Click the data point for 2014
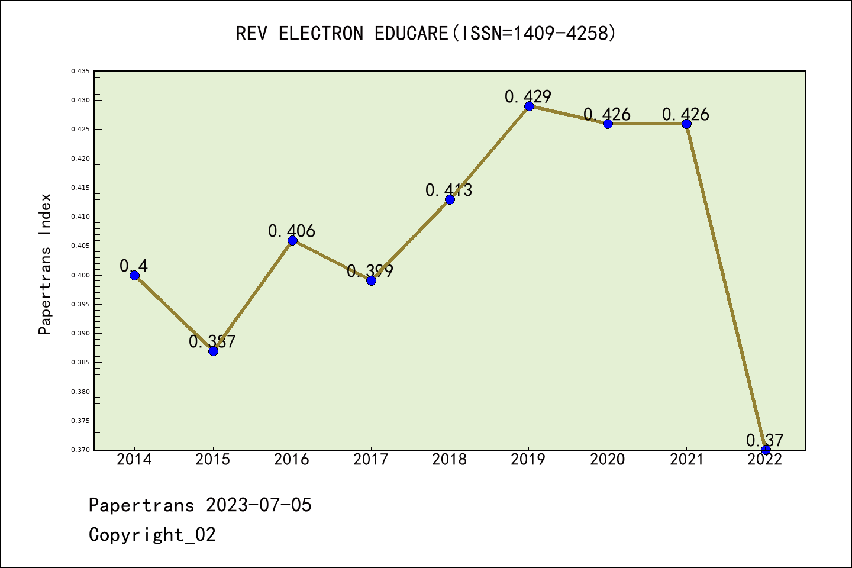click(x=134, y=275)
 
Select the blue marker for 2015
click(x=213, y=351)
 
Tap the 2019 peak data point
click(x=529, y=106)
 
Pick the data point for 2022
click(x=766, y=450)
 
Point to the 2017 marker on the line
click(x=371, y=280)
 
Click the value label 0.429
click(x=528, y=96)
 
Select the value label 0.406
click(x=291, y=231)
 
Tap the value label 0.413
click(x=448, y=190)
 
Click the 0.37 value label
click(x=764, y=440)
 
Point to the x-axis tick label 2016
click(x=292, y=460)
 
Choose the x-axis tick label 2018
click(x=450, y=460)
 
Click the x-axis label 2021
click(x=686, y=460)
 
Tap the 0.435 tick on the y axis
click(x=80, y=71)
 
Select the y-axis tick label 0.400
click(x=80, y=275)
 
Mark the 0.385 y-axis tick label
click(x=80, y=362)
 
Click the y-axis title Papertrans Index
click(x=45, y=264)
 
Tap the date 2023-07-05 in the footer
click(x=259, y=505)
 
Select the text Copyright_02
click(x=152, y=535)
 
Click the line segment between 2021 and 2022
click(x=726, y=287)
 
